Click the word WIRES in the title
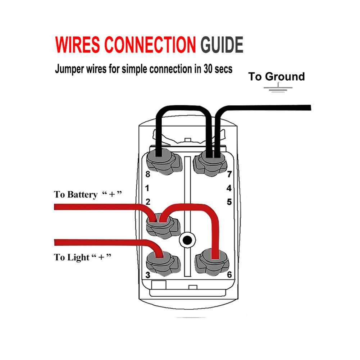(x=77, y=45)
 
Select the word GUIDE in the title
(x=222, y=45)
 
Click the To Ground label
(x=276, y=77)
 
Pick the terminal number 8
(x=147, y=174)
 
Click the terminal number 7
(x=229, y=174)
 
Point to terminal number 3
(x=147, y=275)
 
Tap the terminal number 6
(x=229, y=275)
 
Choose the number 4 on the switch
(x=229, y=188)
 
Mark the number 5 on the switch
(x=229, y=202)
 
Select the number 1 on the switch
(x=147, y=188)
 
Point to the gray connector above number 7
(x=211, y=162)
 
